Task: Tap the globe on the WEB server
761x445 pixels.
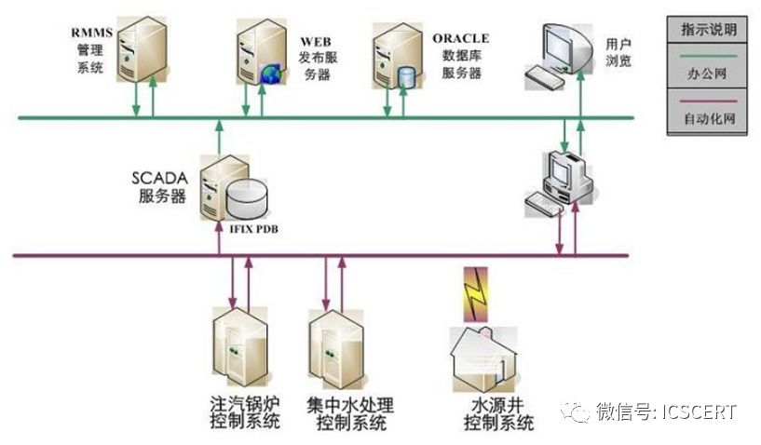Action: coord(271,73)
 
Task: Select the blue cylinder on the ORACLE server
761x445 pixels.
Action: coord(405,75)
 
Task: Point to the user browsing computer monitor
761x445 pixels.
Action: coord(565,47)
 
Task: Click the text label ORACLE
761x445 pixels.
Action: coord(460,39)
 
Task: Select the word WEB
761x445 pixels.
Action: coord(314,42)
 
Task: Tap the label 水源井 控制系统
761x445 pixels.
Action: coord(499,415)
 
